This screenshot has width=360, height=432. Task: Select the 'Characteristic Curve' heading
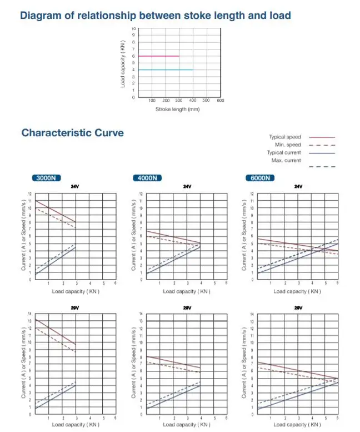coord(72,133)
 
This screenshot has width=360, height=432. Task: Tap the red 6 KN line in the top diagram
coord(158,56)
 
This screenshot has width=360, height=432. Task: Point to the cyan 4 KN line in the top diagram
coord(166,69)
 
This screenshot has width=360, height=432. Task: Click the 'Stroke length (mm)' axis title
coord(177,110)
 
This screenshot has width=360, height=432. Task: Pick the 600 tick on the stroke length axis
coord(220,101)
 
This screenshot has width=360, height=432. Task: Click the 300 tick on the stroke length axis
coord(179,101)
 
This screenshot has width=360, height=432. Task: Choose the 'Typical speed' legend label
coord(284,137)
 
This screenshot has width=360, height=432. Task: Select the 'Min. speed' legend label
coord(288,145)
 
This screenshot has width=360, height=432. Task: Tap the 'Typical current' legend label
coord(284,152)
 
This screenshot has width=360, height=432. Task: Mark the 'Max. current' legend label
coord(286,160)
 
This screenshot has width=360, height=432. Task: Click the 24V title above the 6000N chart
coord(298,187)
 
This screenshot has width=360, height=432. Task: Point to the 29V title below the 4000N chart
coord(187,307)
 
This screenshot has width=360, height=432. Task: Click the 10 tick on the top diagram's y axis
coord(133,28)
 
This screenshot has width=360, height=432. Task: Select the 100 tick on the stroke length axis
coord(152,101)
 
